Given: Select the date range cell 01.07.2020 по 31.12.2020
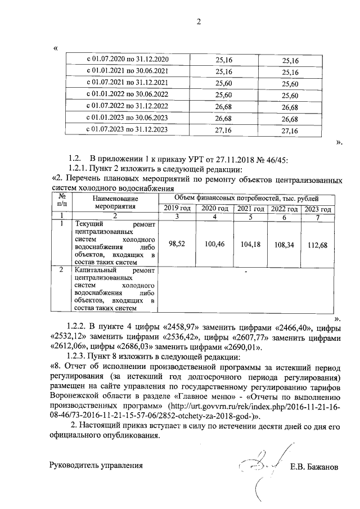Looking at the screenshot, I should coord(127,60).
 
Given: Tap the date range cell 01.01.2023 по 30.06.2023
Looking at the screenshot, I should coord(127,118).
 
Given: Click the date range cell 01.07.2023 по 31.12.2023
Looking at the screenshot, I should coord(127,130).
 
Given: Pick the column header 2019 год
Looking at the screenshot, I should coord(175,209).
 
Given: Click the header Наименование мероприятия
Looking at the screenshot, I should coord(115,202).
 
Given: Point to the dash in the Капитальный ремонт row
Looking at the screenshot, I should coord(246,272).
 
